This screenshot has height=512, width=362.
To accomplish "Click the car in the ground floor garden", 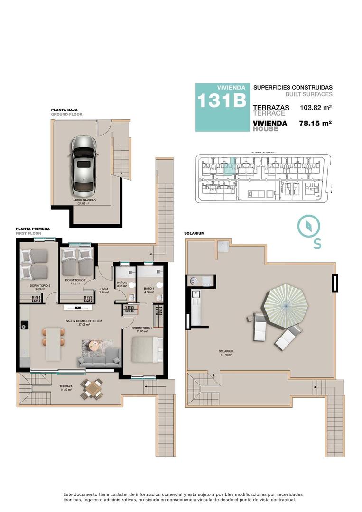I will coord(84,165).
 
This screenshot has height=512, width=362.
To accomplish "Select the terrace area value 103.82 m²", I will coord(316,108).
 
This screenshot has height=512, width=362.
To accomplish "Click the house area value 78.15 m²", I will coord(316,123).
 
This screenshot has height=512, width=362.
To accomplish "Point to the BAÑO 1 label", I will coord(149,290).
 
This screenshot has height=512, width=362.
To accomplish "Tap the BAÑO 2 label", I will coord(122,284).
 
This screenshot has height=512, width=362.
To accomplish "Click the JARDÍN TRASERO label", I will coord(84,201).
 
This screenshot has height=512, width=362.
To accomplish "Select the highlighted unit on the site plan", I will coord(229,168).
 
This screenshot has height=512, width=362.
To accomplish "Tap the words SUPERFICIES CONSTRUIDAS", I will coord(292,88).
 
